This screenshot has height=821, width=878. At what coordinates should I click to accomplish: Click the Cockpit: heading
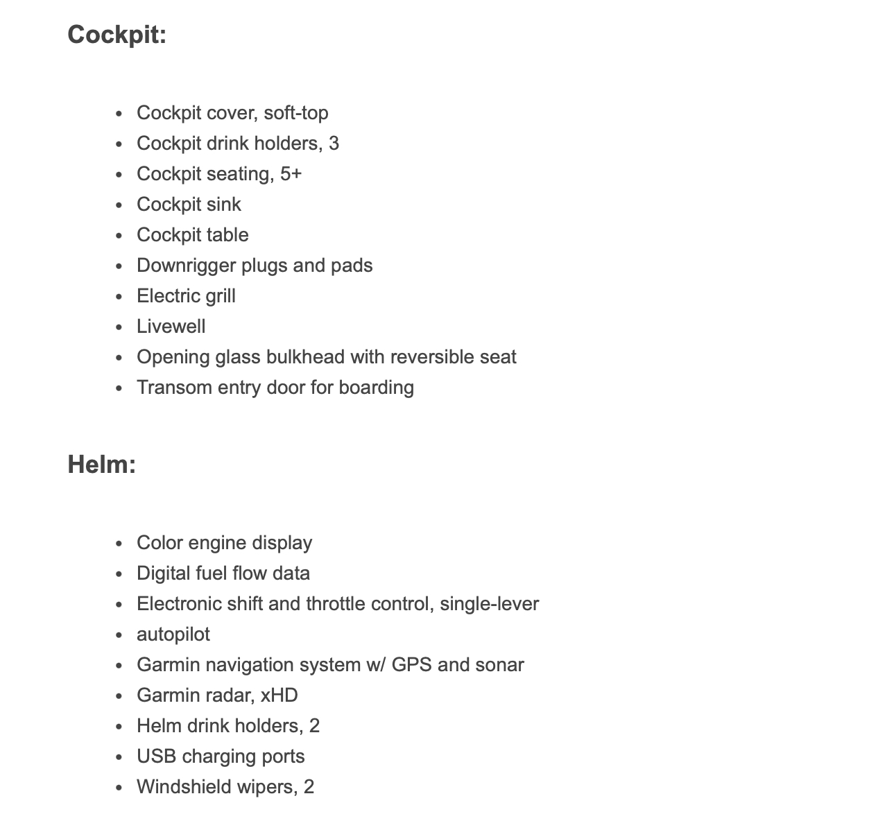point(117,34)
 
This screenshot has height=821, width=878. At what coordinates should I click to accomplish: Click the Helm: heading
point(101,464)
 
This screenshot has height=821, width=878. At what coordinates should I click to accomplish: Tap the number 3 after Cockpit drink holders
point(334,143)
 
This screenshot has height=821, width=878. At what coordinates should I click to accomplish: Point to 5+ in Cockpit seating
point(291,173)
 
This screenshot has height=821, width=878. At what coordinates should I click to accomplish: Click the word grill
point(218,295)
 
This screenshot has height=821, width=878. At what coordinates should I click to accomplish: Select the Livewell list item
point(171,326)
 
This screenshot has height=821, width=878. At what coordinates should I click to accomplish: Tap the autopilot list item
point(173,634)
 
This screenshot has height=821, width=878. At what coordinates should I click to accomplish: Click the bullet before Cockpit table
point(119,236)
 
